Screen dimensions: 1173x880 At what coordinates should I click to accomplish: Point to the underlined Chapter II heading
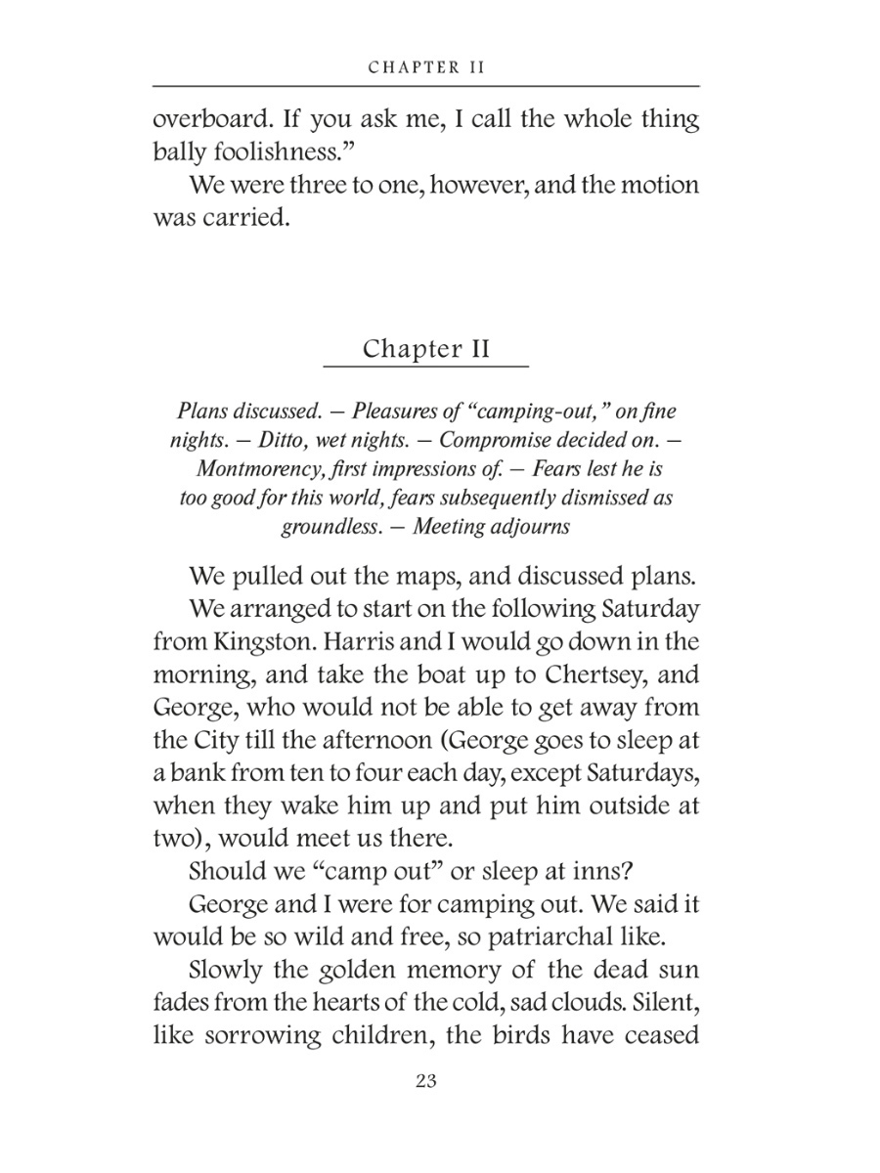click(x=425, y=349)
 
